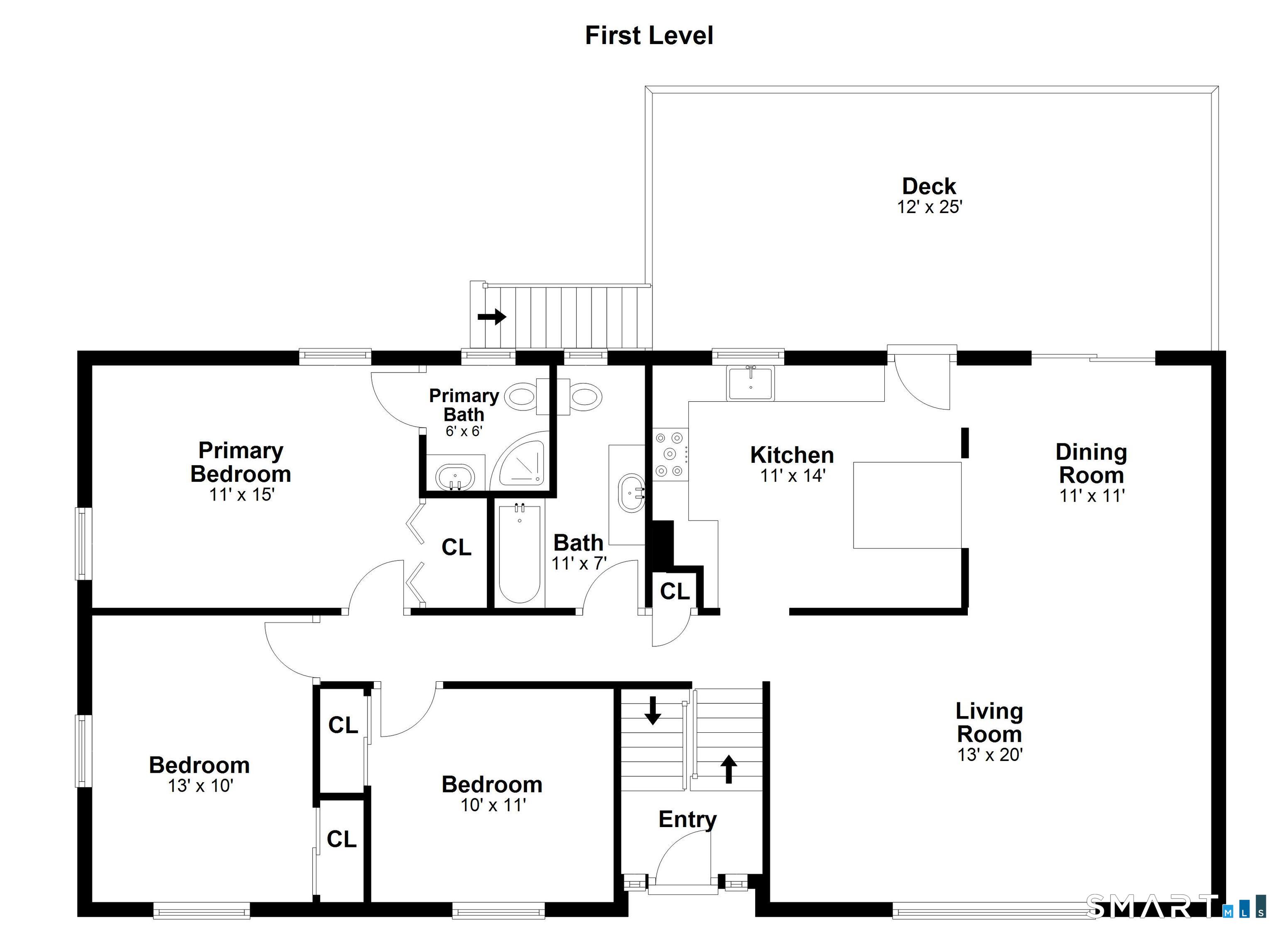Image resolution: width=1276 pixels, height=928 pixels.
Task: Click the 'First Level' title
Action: point(649,35)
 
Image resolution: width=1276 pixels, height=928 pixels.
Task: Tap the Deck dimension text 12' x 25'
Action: point(930,207)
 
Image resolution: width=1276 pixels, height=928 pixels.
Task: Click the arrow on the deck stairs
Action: point(492,317)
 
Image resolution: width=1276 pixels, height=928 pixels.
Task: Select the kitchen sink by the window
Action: point(750,383)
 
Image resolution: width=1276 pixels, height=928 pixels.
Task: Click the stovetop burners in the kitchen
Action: point(670,454)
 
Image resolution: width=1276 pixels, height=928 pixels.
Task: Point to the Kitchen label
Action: point(792,455)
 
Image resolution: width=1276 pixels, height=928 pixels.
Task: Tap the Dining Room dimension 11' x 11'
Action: point(1092,496)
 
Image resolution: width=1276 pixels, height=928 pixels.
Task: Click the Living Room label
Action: point(989,723)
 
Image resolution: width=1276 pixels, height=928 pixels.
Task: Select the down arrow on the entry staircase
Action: point(653,710)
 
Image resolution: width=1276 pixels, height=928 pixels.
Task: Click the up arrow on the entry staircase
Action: point(729,769)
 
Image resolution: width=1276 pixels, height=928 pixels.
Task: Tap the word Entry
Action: point(687,820)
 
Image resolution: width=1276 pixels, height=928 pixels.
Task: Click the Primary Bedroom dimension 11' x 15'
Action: point(241,495)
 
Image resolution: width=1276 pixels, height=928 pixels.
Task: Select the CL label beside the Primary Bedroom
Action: point(456,547)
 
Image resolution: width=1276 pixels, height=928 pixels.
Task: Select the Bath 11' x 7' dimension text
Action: point(579,563)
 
